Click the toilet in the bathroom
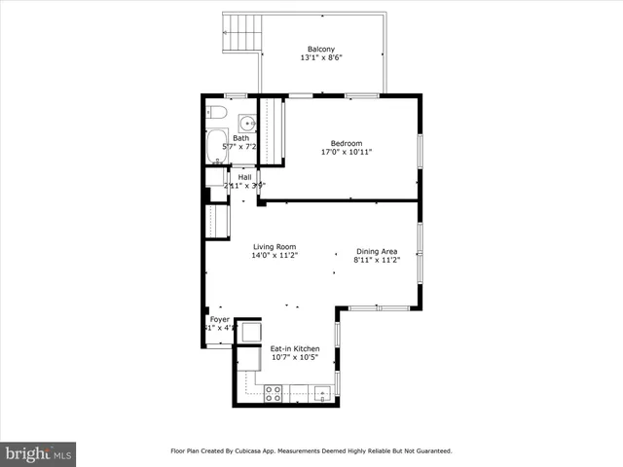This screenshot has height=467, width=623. pos(216,114)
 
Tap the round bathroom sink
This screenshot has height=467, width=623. pos(248,123)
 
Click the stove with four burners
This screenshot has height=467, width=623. pos(274,393)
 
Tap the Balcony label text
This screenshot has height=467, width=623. pos(321,49)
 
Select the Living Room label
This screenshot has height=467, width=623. pos(275,246)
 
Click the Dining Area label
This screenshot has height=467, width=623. pos(375,251)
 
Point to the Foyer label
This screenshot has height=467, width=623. pos(219,319)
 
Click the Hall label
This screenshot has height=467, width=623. pos(244,176)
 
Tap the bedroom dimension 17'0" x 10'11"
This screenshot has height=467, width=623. pos(347,152)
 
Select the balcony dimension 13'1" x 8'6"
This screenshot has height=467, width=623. pos(321,58)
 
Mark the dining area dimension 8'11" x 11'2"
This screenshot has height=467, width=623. pos(375,261)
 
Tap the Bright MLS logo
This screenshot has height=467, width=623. pos(38,453)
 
